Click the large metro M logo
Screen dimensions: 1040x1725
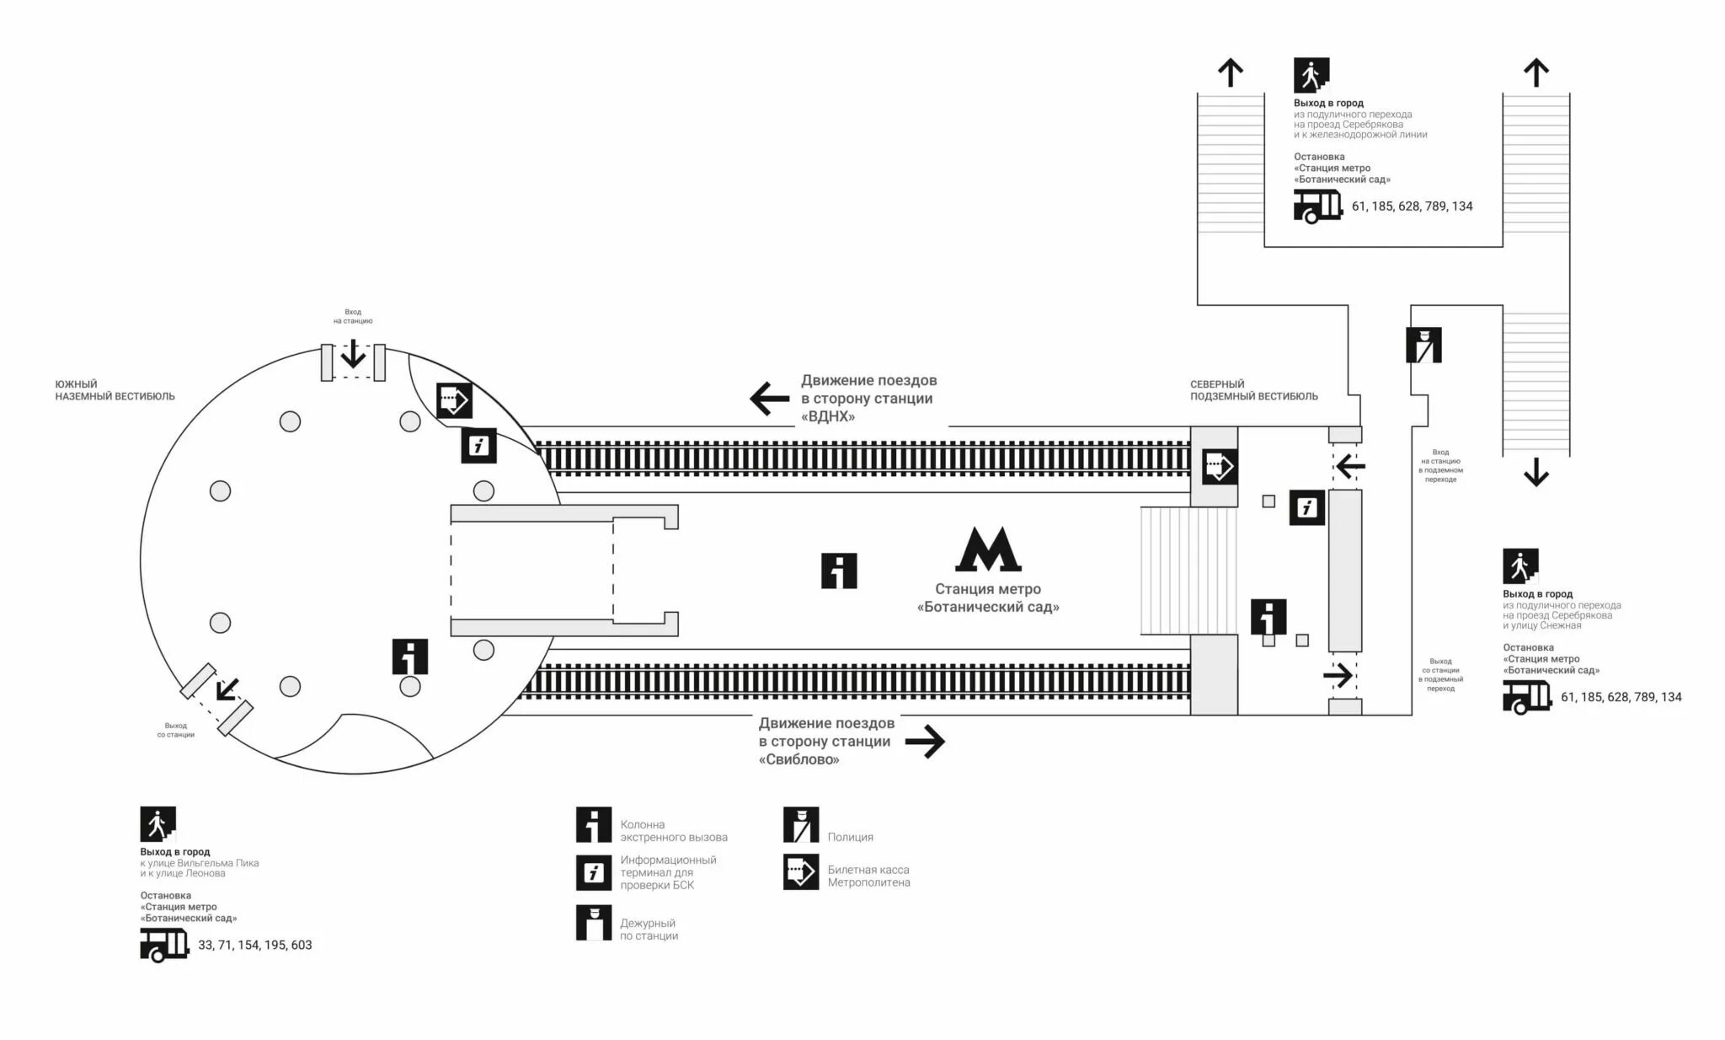pyautogui.click(x=988, y=550)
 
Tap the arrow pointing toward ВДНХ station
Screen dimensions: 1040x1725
pyautogui.click(x=769, y=399)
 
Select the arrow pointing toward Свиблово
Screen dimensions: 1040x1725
pyautogui.click(x=925, y=742)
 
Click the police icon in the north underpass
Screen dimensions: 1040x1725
pyautogui.click(x=1423, y=345)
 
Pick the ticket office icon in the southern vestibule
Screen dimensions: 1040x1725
pyautogui.click(x=454, y=400)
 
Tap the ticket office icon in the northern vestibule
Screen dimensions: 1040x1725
pyautogui.click(x=1219, y=466)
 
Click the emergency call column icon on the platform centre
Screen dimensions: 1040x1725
pyautogui.click(x=839, y=571)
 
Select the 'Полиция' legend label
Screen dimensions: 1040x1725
pyautogui.click(x=850, y=837)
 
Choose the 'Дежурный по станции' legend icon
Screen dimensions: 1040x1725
pyautogui.click(x=594, y=923)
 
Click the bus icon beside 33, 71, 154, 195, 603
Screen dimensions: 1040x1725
pyautogui.click(x=164, y=945)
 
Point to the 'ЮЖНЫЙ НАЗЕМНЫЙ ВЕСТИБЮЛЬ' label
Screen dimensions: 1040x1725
pyautogui.click(x=115, y=390)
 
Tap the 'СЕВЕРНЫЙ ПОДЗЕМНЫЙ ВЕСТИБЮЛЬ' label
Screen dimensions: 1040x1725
pyautogui.click(x=1253, y=390)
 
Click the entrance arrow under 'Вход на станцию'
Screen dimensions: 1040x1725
pyautogui.click(x=353, y=354)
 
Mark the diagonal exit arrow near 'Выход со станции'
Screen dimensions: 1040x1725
pyautogui.click(x=227, y=690)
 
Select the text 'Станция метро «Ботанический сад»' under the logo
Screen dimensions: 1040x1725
pyautogui.click(x=988, y=598)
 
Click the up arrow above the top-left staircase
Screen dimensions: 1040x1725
pyautogui.click(x=1231, y=72)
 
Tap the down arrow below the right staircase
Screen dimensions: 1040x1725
pyautogui.click(x=1536, y=472)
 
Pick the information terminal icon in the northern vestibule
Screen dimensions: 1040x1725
pyautogui.click(x=1307, y=507)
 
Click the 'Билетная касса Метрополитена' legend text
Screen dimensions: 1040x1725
pyautogui.click(x=868, y=876)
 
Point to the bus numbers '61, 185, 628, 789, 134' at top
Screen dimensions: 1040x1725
pyautogui.click(x=1412, y=206)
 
